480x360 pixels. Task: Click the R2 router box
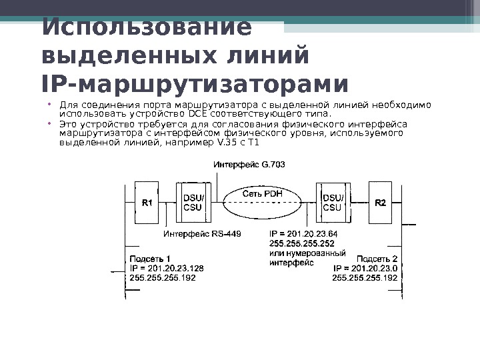(381, 203)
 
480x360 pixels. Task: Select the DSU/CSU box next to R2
(335, 203)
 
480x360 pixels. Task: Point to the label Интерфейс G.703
(249, 164)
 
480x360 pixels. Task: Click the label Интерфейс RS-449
(202, 234)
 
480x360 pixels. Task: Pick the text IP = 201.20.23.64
(303, 234)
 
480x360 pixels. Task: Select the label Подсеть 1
(150, 258)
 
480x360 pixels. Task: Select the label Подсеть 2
(377, 258)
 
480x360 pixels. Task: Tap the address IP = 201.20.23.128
(167, 268)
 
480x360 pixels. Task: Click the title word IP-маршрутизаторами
(195, 85)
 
